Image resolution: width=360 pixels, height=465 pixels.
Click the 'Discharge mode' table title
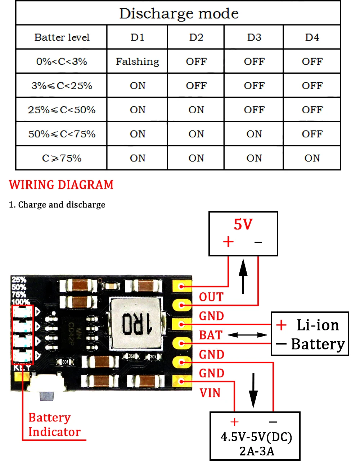click(x=179, y=14)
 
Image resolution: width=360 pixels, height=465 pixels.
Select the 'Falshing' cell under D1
click(x=137, y=61)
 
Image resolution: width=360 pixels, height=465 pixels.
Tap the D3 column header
click(x=254, y=37)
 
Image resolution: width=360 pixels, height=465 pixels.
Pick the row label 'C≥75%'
click(x=62, y=158)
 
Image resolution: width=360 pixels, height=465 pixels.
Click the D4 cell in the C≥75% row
click(x=312, y=158)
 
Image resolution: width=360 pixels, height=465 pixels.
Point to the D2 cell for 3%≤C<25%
click(x=196, y=86)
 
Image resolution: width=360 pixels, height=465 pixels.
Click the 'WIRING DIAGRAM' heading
click(x=61, y=185)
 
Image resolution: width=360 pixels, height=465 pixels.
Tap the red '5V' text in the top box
click(x=243, y=224)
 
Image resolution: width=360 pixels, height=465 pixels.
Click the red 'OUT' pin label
click(x=211, y=297)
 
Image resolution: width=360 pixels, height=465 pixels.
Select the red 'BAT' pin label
click(x=211, y=335)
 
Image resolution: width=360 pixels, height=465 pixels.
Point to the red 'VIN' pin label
click(x=210, y=393)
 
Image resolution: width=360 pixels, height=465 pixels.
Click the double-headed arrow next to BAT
click(x=248, y=335)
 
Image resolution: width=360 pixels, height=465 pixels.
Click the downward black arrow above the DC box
click(x=253, y=390)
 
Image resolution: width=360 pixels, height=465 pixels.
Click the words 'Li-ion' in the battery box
click(x=318, y=325)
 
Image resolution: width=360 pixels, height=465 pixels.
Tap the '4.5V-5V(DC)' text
click(x=256, y=437)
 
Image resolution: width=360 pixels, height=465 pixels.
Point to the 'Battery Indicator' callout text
click(x=54, y=425)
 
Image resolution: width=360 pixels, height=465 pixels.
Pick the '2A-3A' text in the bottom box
click(x=257, y=451)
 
